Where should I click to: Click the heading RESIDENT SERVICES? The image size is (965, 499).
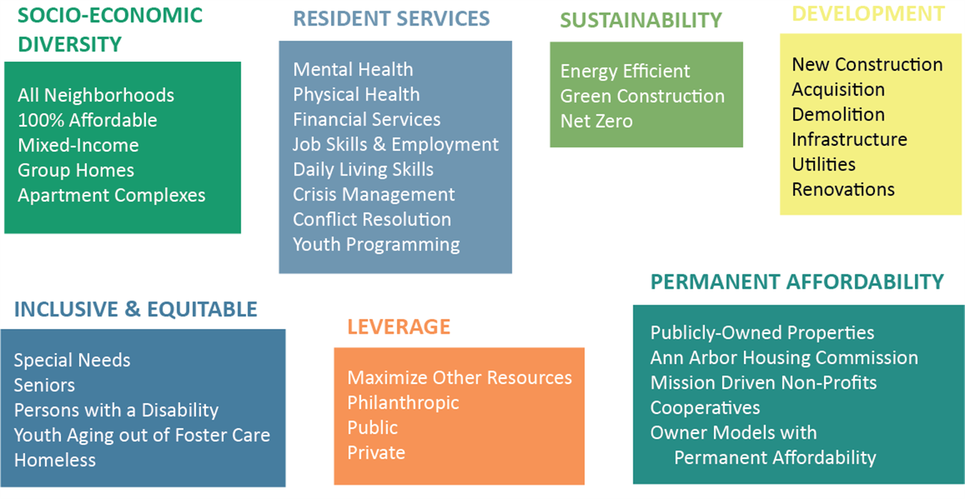click(x=391, y=19)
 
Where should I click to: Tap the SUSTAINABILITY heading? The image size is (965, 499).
click(x=640, y=20)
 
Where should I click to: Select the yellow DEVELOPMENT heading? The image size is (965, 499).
click(x=868, y=14)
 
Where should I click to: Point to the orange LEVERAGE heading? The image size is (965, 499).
click(x=399, y=327)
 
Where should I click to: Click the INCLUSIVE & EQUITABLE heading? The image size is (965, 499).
click(x=136, y=310)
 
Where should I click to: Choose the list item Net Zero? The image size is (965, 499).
click(x=596, y=121)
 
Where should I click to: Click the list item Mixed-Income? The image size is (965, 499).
click(x=79, y=145)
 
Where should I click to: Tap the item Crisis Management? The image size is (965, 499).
click(x=374, y=194)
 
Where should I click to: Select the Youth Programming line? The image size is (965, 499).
click(x=376, y=245)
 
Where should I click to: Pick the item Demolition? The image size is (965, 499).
click(x=838, y=114)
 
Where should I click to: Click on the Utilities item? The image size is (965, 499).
click(x=823, y=164)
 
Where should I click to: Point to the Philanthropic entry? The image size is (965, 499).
click(x=403, y=403)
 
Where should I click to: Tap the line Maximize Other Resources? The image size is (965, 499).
click(x=460, y=377)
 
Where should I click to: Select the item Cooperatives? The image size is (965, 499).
click(x=705, y=408)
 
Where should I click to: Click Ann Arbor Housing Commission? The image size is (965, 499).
click(x=784, y=358)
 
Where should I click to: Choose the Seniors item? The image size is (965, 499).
click(x=44, y=385)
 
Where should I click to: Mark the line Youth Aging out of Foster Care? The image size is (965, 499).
click(x=142, y=435)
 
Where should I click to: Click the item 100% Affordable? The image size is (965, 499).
click(x=87, y=120)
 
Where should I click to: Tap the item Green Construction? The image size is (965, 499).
click(x=643, y=96)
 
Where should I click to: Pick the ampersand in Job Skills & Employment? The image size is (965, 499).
click(x=379, y=145)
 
